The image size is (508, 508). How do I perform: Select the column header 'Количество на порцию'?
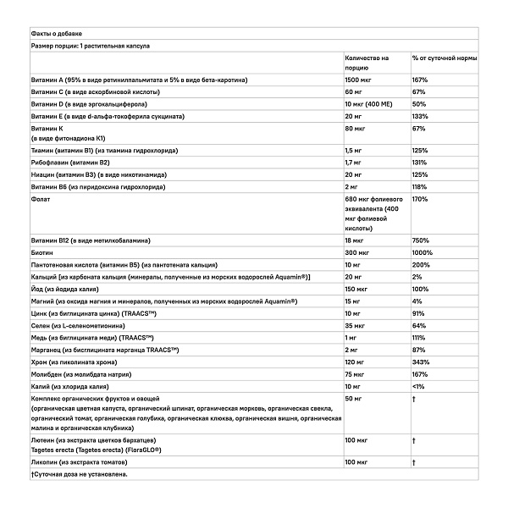click(x=367, y=63)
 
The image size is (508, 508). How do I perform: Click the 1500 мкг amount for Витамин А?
click(x=359, y=79)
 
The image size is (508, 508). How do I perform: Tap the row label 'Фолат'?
click(x=40, y=198)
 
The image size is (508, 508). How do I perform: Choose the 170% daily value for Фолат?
click(x=420, y=198)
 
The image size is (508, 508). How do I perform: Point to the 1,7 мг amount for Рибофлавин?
click(x=355, y=162)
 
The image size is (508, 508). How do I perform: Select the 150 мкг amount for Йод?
click(x=358, y=289)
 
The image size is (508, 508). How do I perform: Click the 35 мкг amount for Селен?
click(x=356, y=325)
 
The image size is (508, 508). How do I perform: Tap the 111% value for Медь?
click(x=418, y=337)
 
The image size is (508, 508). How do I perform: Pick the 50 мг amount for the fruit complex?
click(x=355, y=397)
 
